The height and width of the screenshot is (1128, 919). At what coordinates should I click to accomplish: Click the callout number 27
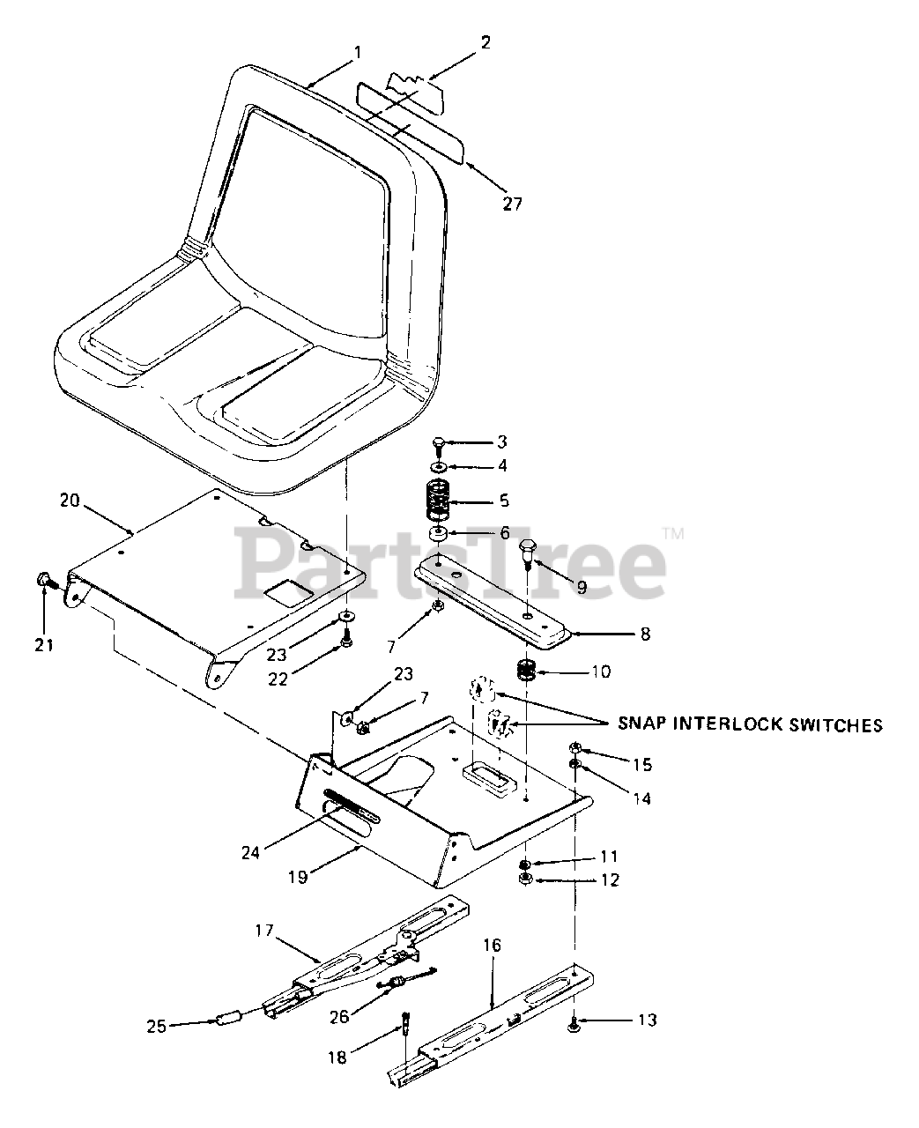pos(512,204)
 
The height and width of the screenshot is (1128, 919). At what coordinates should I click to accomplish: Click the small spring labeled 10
pos(527,672)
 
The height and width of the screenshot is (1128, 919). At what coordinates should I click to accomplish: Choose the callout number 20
pos(70,501)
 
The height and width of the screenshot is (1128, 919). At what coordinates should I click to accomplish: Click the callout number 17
pos(265,930)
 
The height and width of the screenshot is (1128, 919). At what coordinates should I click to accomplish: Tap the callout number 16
pos(492,945)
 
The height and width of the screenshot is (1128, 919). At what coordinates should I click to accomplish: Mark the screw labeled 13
pos(574,1023)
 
